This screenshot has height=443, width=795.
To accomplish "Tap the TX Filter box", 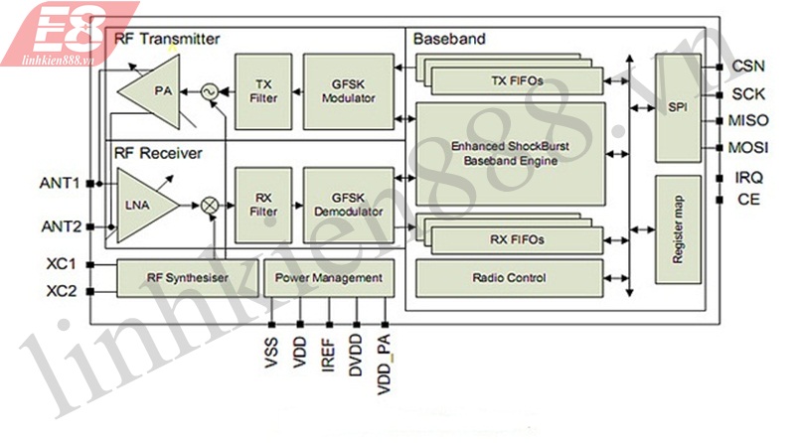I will click(x=263, y=91).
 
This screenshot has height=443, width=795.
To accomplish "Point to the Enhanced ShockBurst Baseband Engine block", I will click(x=509, y=153).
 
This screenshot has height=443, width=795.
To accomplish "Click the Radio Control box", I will click(x=511, y=278).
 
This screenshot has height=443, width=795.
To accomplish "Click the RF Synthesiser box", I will click(x=186, y=278).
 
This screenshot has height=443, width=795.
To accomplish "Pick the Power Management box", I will click(x=328, y=278).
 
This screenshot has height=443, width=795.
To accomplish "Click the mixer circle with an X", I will click(x=210, y=204).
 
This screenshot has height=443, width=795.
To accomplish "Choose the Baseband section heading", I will click(x=449, y=40).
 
